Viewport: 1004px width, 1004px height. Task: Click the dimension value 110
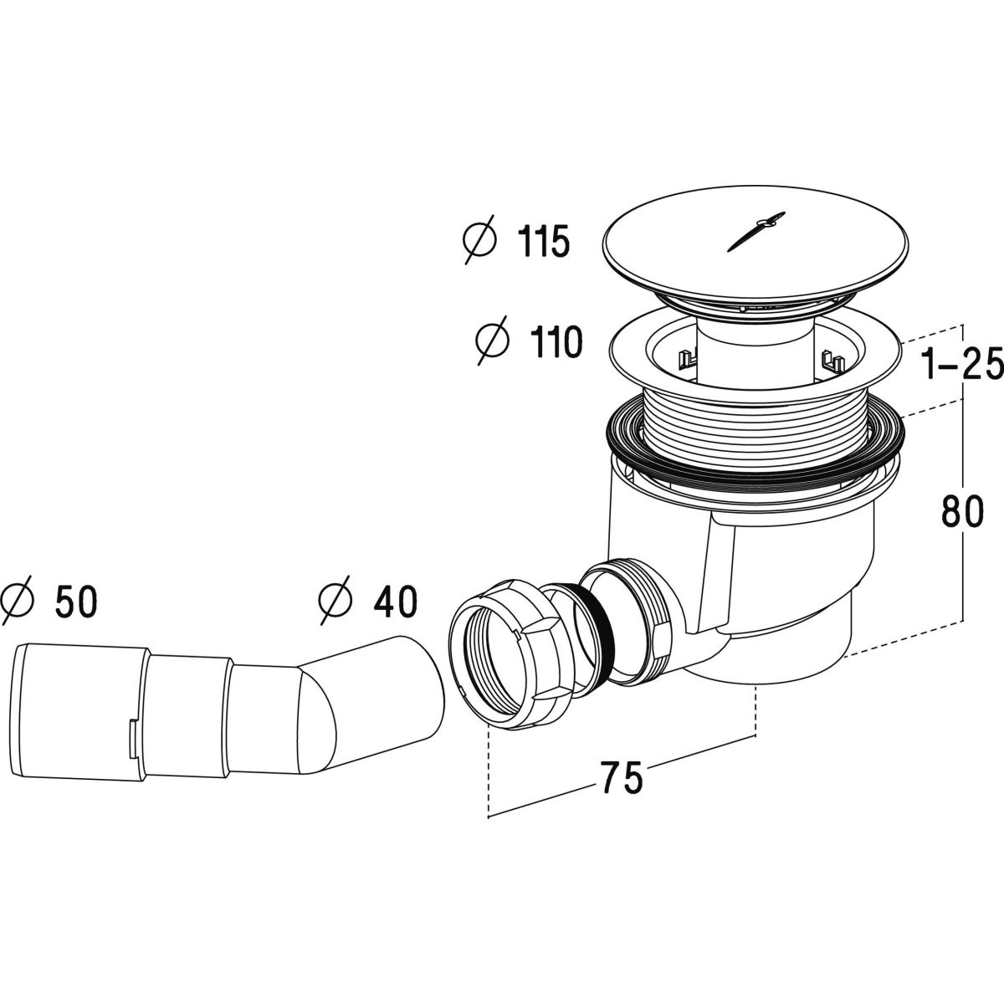tap(556, 342)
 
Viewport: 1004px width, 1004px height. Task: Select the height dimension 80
tap(962, 511)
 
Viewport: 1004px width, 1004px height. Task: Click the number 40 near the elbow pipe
tap(396, 602)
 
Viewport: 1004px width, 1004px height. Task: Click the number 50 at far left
tap(76, 603)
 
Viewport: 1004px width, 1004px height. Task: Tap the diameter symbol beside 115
tap(479, 240)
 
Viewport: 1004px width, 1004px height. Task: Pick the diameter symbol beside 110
tap(492, 341)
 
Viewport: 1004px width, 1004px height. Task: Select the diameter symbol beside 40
tap(336, 602)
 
